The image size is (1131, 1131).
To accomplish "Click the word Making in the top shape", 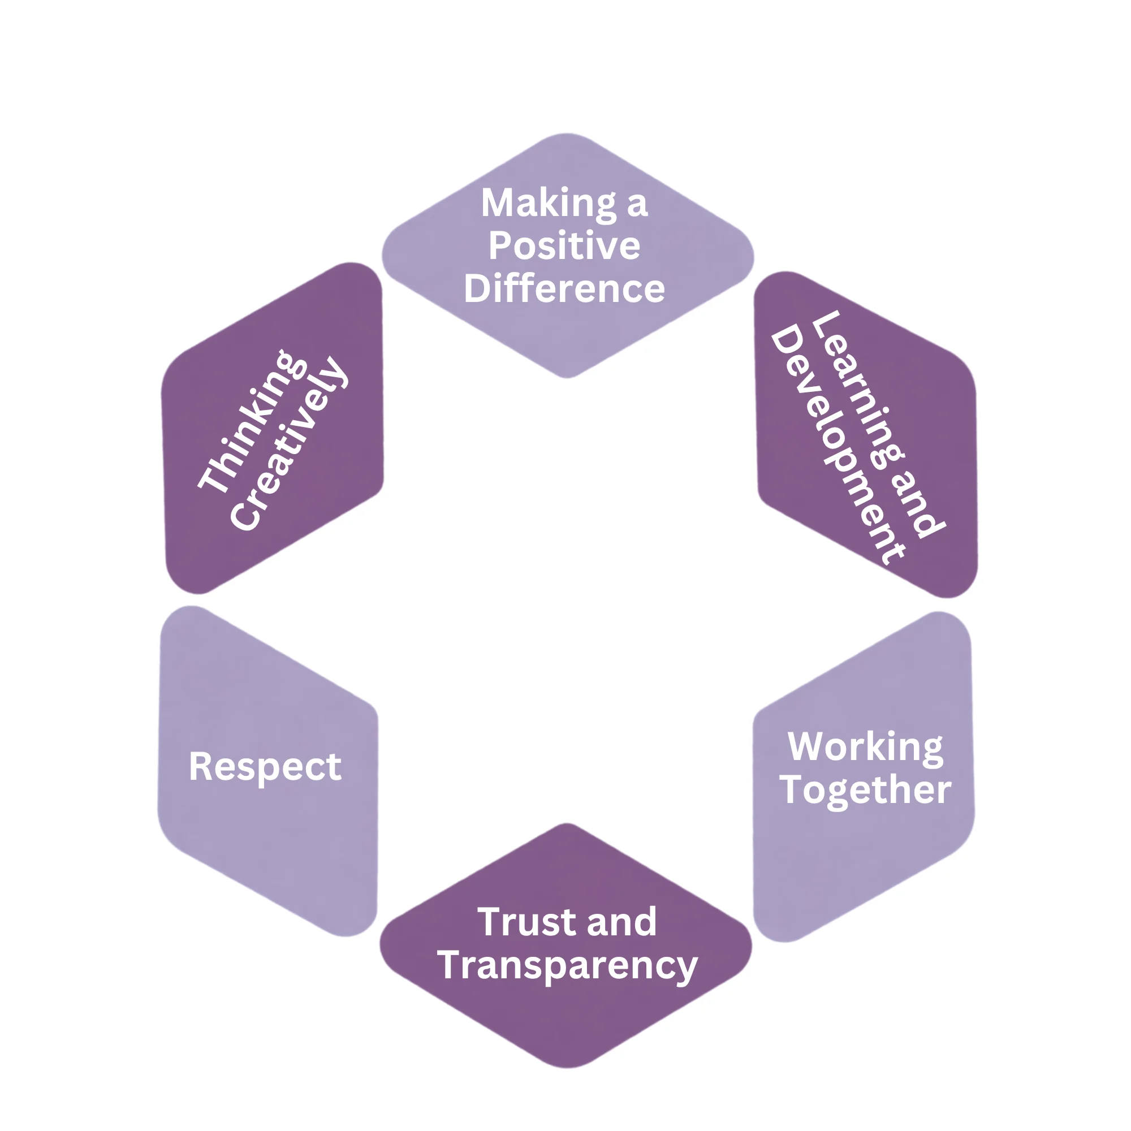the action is [x=549, y=204].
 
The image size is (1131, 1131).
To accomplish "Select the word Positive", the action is [x=564, y=245].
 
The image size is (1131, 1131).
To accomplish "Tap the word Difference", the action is [x=564, y=288].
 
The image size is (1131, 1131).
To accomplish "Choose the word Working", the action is [x=865, y=748].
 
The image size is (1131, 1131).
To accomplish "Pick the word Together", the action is [x=865, y=791].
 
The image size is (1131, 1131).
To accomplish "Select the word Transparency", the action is [x=567, y=966].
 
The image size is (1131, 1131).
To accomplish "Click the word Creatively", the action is [x=288, y=444].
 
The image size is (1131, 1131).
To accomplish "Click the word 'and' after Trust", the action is [x=621, y=922].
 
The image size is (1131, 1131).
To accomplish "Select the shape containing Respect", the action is [x=267, y=771].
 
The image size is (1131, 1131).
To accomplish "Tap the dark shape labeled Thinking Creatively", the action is [x=272, y=429].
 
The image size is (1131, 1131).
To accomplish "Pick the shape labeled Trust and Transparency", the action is [x=565, y=946].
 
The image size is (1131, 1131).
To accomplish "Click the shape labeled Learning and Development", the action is [x=866, y=434].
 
